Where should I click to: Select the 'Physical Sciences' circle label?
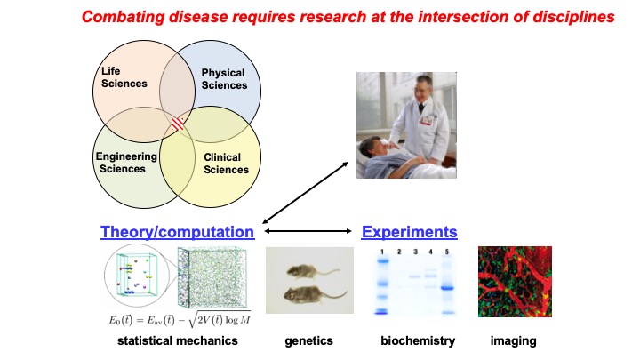point(224,79)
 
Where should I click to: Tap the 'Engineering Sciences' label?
point(126,164)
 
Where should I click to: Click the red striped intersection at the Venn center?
point(179,125)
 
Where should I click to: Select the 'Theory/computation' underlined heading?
point(178,232)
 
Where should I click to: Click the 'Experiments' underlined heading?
point(409,232)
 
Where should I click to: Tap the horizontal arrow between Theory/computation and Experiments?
point(308,232)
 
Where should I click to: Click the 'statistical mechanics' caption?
point(177,340)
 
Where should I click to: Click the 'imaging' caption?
point(514,340)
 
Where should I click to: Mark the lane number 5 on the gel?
point(449,253)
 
